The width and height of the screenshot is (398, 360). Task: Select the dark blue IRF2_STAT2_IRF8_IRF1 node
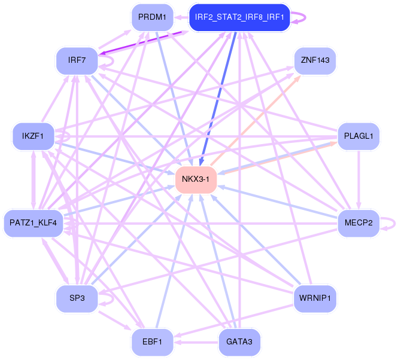click(x=239, y=17)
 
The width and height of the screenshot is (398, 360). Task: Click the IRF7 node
click(x=77, y=60)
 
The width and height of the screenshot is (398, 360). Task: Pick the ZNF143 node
click(x=315, y=60)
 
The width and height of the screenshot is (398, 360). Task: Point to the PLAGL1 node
click(x=358, y=136)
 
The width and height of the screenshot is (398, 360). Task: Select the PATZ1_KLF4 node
click(x=34, y=223)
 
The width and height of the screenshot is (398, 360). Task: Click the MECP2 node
click(x=358, y=223)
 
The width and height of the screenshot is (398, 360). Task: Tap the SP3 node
click(x=77, y=298)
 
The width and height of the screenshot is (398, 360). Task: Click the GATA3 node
click(x=239, y=342)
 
